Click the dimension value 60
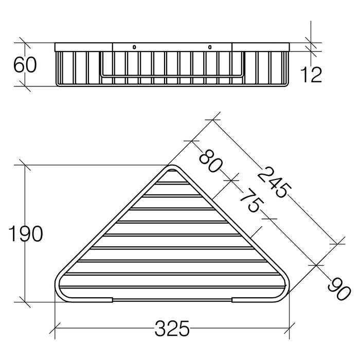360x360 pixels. [25, 64]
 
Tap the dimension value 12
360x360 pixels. [311, 75]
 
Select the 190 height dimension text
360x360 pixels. [26, 233]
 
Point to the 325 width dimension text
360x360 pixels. [172, 328]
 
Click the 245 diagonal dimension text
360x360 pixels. [274, 182]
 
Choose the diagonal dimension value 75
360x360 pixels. [249, 201]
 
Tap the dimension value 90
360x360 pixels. [339, 289]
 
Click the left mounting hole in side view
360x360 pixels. [134, 47]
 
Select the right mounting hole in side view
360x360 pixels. [209, 47]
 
